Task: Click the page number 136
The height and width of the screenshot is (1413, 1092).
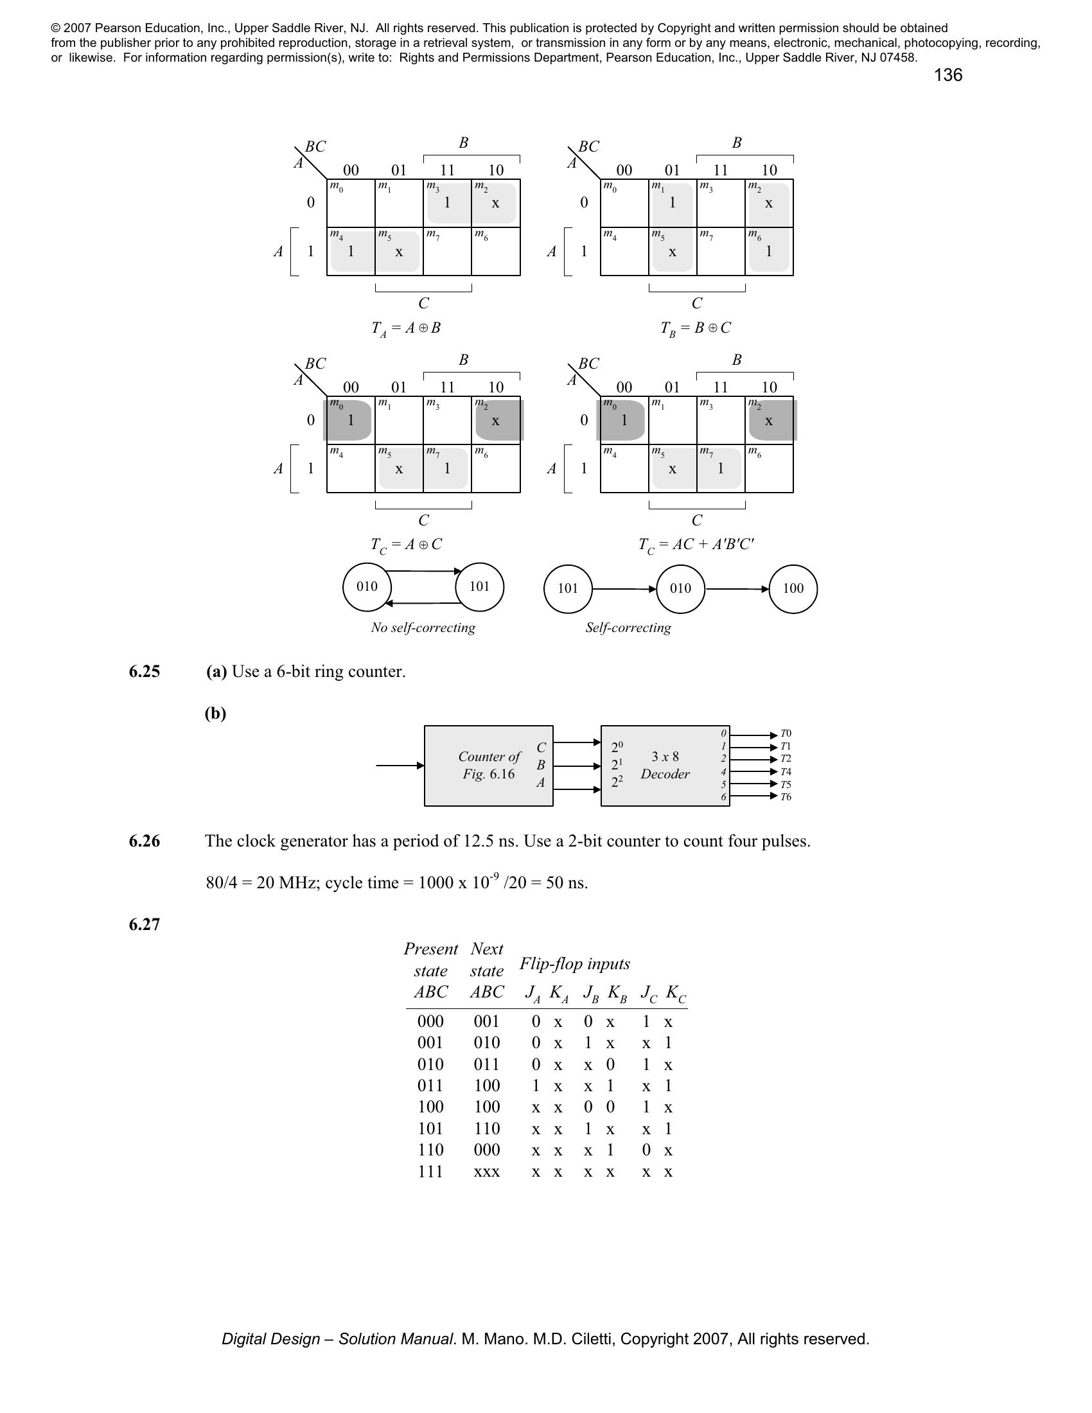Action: [947, 75]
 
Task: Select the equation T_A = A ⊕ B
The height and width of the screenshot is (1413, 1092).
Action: [405, 328]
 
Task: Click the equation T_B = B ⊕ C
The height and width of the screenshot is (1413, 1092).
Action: [696, 328]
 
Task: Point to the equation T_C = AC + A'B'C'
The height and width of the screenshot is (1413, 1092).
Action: [696, 545]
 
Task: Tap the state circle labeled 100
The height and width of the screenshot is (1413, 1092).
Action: [793, 589]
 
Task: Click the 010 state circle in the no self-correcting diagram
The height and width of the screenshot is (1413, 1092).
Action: [367, 587]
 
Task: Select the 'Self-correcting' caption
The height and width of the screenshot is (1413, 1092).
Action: [628, 628]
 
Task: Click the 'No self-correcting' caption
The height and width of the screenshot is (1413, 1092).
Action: [423, 628]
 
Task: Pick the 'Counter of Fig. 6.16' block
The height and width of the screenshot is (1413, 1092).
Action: [488, 766]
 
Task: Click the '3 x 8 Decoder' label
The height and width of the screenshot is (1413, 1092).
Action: [665, 766]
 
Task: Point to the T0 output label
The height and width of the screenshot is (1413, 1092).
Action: [786, 733]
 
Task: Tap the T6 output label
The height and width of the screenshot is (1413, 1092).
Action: [786, 797]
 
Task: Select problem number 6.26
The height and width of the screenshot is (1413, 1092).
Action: [145, 841]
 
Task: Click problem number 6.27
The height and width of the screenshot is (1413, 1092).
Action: [145, 924]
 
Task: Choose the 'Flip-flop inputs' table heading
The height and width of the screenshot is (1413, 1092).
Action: [574, 964]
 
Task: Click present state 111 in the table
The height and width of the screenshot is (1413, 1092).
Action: [430, 1172]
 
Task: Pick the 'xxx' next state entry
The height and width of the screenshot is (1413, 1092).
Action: [486, 1172]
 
